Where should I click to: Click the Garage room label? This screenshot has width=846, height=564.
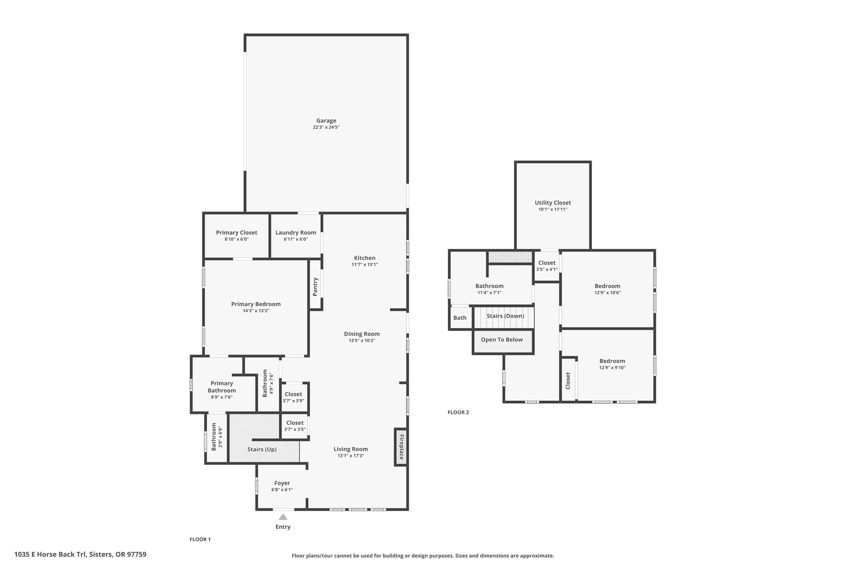coord(326,121)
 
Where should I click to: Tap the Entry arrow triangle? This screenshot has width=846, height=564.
coord(283,516)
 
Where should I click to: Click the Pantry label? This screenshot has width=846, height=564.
coord(315,287)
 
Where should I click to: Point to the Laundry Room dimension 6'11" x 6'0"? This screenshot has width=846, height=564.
coord(296,239)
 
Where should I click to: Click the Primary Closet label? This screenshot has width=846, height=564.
coord(236,233)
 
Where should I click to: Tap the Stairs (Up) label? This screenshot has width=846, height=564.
coord(262,449)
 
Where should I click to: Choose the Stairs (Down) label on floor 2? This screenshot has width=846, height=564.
coord(505,316)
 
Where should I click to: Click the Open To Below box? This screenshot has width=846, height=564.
coord(503,342)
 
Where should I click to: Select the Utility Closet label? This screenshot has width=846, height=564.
coord(553,203)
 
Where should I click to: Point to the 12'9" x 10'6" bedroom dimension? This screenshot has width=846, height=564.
coord(607,293)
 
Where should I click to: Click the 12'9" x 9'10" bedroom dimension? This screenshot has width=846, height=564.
coord(612,367)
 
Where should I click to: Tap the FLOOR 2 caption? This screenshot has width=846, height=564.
coord(458,412)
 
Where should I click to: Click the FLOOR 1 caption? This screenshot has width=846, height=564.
coord(200,539)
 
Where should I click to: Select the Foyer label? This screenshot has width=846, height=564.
coord(282,483)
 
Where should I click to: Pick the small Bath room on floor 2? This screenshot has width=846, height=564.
coord(460,318)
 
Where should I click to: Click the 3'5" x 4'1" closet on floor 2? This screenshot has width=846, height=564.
coord(547,266)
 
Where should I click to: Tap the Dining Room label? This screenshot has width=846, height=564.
coord(362,334)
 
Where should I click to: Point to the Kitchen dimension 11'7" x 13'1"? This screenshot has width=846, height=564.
coord(365,264)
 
